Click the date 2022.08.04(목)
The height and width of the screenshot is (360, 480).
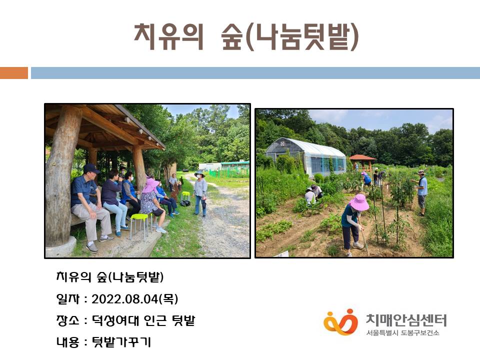134,299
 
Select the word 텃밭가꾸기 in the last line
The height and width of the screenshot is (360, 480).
121,342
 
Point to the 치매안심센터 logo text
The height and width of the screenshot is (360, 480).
406,320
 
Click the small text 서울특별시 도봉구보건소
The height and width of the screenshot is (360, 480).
402,333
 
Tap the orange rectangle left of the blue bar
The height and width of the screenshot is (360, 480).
14,73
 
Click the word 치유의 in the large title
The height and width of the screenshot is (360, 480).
168,36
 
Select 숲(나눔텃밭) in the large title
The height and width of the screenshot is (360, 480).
289,36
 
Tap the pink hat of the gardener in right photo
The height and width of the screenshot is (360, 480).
359,202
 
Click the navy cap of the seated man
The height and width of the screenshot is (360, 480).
91,168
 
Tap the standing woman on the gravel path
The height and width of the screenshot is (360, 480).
200,193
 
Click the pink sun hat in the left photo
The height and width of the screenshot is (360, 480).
151,185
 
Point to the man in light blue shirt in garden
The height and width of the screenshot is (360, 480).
421,193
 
